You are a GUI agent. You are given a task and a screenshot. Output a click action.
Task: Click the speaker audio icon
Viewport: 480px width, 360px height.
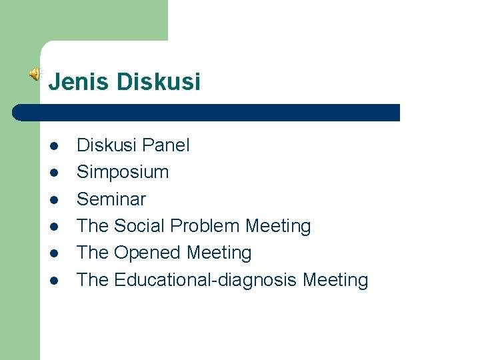tap(35, 75)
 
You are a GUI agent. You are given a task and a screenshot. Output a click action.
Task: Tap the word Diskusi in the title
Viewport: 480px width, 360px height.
tap(158, 82)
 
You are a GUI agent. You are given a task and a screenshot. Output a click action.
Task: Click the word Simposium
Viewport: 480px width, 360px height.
tap(123, 172)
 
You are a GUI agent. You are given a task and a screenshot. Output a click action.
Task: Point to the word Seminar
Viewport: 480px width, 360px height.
tap(111, 199)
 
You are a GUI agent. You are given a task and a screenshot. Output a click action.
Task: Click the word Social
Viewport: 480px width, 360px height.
tap(140, 226)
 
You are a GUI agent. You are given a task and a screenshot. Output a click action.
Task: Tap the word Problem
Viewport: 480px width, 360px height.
tap(205, 226)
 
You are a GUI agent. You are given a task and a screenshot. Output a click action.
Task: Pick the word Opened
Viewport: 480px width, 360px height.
tap(147, 253)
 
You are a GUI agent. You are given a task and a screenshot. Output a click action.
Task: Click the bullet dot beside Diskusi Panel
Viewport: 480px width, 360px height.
tap(54, 146)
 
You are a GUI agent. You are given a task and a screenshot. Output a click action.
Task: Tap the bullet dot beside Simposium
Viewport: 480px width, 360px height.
tap(54, 173)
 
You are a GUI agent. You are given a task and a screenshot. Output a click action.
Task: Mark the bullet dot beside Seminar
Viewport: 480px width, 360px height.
tap(54, 199)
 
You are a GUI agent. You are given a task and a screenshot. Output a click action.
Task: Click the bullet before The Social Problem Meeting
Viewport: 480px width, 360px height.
tap(54, 227)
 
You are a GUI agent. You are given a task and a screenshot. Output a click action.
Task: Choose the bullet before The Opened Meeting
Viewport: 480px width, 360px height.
tap(54, 253)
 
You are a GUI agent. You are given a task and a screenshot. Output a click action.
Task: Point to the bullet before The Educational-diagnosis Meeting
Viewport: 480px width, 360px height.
tap(54, 281)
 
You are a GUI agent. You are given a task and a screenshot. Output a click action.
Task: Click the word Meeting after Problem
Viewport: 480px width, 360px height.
tap(278, 226)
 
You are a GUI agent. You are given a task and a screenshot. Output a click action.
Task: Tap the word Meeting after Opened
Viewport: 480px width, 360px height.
tap(219, 253)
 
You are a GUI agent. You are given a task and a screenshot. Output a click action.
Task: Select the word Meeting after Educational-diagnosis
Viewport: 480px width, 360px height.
tap(335, 280)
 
